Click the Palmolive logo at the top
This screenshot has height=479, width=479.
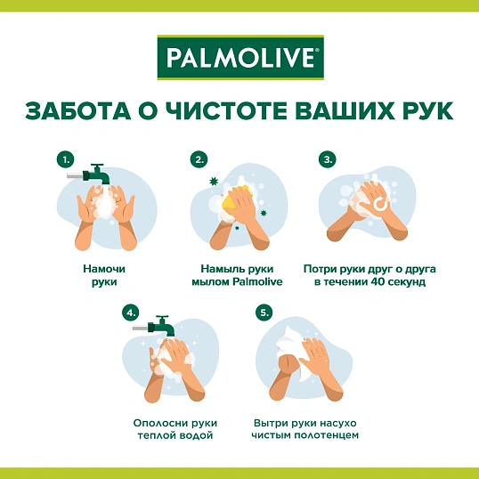[239, 59]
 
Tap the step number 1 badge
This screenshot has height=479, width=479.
[65, 159]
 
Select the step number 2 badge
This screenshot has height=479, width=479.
[199, 159]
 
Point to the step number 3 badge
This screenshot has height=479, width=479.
[328, 159]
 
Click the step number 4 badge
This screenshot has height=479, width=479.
[131, 313]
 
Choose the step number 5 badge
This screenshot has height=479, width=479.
[263, 313]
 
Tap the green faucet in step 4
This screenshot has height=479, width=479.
[160, 326]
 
